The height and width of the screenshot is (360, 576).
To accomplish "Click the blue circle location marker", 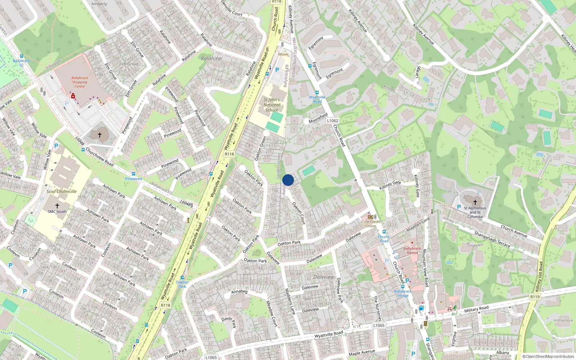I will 288,180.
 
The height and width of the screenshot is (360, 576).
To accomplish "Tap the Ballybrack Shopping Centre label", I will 80,82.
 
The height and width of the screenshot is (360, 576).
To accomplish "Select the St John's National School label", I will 272,105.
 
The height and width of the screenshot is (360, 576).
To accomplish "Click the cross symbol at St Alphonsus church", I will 475,202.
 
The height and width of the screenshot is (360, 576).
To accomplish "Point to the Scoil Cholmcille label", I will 62,192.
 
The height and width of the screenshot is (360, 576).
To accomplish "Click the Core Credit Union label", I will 371,224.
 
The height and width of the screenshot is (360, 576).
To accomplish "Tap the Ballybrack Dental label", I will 412,251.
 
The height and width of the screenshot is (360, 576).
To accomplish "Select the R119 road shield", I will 535,297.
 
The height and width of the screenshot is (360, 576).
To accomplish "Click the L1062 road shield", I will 333,121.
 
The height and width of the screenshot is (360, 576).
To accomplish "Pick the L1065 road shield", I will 379,325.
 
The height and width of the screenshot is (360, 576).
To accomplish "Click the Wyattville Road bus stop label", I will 317,99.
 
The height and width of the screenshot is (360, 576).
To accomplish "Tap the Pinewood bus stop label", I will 133,179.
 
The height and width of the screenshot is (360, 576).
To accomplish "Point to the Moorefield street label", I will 318,118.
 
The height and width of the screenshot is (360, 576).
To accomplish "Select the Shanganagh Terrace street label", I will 492,239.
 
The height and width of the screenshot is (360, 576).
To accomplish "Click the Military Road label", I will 476,309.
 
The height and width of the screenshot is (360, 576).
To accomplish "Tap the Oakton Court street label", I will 299,213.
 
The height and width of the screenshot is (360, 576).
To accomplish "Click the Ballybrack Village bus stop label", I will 403,293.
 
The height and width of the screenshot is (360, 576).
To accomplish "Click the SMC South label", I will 57,212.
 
